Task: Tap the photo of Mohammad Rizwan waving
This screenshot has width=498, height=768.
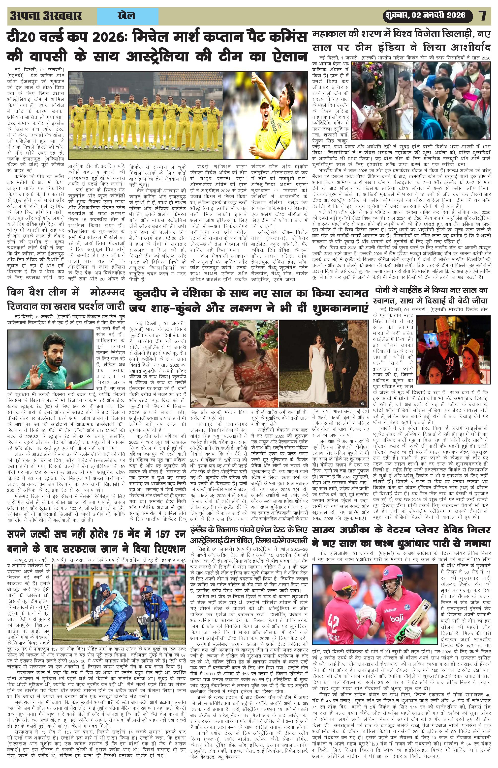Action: tap(49, 360)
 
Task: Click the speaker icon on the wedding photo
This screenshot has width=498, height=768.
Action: tap(362, 403)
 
